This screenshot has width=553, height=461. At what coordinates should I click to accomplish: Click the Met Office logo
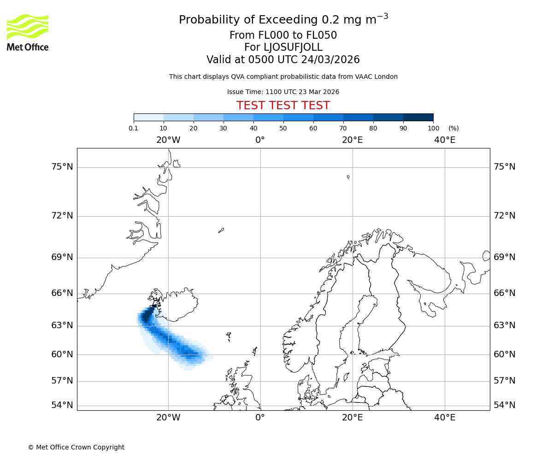pyautogui.click(x=28, y=32)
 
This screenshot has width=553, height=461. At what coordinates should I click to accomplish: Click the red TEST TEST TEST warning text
pyautogui.click(x=283, y=106)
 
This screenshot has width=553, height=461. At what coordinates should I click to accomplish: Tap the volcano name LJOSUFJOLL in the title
pyautogui.click(x=283, y=47)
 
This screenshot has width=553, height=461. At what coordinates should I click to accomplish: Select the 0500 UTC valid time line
pyautogui.click(x=283, y=60)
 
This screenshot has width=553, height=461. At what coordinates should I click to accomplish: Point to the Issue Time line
pyautogui.click(x=283, y=92)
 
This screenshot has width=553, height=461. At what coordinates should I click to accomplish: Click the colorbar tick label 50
pyautogui.click(x=283, y=128)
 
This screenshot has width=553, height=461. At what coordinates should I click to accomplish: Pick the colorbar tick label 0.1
pyautogui.click(x=134, y=128)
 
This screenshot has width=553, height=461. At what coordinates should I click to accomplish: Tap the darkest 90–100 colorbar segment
pyautogui.click(x=418, y=117)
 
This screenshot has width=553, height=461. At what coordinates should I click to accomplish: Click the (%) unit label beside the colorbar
pyautogui.click(x=453, y=128)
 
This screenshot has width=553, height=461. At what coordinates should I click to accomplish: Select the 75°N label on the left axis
pyautogui.click(x=62, y=166)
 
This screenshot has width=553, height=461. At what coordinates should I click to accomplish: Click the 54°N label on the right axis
pyautogui.click(x=505, y=405)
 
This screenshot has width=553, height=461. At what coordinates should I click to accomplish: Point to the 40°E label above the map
pyautogui.click(x=445, y=140)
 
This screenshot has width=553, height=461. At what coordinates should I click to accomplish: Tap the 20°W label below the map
pyautogui.click(x=168, y=418)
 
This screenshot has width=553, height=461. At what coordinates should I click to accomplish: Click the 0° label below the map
pyautogui.click(x=260, y=418)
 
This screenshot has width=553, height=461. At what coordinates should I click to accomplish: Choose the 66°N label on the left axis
pyautogui.click(x=62, y=293)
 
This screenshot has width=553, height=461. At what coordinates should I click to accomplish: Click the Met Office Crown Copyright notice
pyautogui.click(x=76, y=447)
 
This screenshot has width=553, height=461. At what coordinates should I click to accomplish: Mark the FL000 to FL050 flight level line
pyautogui.click(x=283, y=35)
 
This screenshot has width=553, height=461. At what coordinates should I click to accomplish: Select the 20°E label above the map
pyautogui.click(x=353, y=140)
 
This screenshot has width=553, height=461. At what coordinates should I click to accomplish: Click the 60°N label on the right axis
pyautogui.click(x=505, y=354)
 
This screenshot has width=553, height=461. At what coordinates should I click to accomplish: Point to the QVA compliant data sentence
pyautogui.click(x=283, y=77)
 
